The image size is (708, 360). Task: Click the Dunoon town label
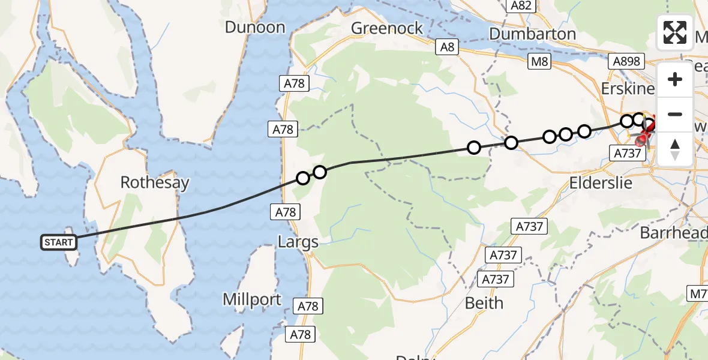[255, 27]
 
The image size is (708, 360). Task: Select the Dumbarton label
[533, 34]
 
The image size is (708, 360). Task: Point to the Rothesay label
[155, 182]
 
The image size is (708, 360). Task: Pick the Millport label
[252, 299]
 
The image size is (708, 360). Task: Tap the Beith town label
[484, 303]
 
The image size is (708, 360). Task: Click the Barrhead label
[673, 233]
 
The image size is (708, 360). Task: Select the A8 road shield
[448, 47]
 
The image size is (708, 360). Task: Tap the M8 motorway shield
[539, 61]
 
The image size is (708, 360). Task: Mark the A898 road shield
[626, 61]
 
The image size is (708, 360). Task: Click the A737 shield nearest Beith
[494, 279]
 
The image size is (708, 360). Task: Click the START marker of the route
[59, 242]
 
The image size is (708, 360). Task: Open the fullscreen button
[675, 32]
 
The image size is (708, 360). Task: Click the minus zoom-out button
[675, 114]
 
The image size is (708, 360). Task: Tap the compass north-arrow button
[675, 149]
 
